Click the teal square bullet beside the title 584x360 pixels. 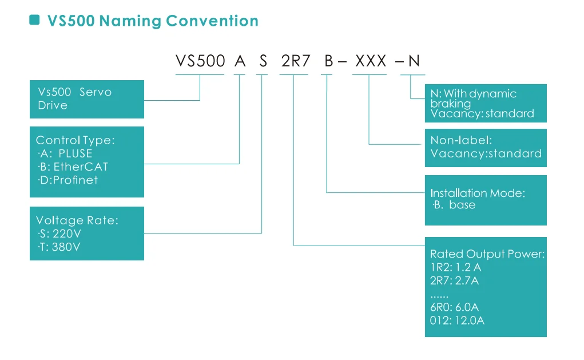point(35,20)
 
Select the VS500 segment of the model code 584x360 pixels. point(200,61)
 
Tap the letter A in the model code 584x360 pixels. point(240,61)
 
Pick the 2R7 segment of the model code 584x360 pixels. point(295,61)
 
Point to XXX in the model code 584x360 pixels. point(371,61)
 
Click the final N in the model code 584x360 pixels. point(414,61)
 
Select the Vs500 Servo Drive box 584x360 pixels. point(87,99)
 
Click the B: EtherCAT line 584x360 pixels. point(73,167)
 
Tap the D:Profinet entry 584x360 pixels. point(68,180)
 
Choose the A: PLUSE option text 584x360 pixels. point(65,153)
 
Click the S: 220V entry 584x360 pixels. point(59,234)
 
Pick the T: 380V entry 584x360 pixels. point(59,247)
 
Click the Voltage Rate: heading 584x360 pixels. point(77,220)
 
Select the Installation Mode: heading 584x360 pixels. point(478,193)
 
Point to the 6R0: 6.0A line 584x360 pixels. point(454,307)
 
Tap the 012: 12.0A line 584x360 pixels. point(457,321)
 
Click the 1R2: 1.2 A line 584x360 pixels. point(455,267)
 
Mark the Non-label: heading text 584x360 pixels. point(461,140)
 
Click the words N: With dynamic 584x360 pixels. point(474,93)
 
